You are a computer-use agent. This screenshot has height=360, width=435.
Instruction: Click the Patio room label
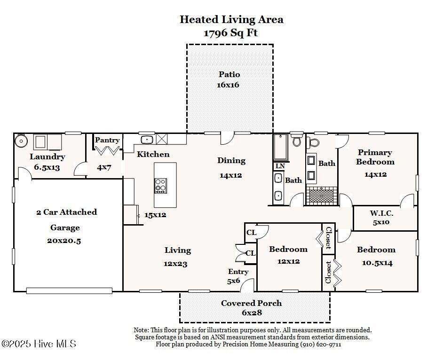pos(229,74)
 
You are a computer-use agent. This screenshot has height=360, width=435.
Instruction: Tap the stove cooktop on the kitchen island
pos(161,186)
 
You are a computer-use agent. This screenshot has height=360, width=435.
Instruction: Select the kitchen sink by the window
pos(147,139)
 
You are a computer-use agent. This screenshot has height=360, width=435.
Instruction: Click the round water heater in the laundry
pos(21,141)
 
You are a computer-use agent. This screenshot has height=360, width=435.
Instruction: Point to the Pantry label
pos(107,140)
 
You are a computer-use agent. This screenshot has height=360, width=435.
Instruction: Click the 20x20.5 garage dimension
pos(64,241)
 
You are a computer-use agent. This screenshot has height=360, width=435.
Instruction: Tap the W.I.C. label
pos(381,213)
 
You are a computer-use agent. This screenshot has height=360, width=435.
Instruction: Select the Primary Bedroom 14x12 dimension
pos(375,174)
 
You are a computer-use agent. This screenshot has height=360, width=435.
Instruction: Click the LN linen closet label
pos(280,166)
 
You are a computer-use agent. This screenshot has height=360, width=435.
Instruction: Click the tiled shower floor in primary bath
pos(322,196)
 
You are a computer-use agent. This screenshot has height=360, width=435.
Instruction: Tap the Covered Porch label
pos(251,303)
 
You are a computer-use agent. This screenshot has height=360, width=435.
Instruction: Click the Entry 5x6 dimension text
pos(234,281)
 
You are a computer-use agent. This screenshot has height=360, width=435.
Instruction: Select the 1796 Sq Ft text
pos(231,33)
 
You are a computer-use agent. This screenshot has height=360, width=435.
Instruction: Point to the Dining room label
pos(231,161)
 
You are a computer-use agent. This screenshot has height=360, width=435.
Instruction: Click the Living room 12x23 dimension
pos(175,264)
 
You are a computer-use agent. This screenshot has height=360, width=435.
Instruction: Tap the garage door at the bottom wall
pos(69,290)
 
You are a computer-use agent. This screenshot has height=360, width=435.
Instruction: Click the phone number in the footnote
pos(321,344)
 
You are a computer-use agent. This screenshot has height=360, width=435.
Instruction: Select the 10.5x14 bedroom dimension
pos(377,263)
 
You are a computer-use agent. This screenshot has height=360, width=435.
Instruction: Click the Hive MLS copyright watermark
pos(39,344)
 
